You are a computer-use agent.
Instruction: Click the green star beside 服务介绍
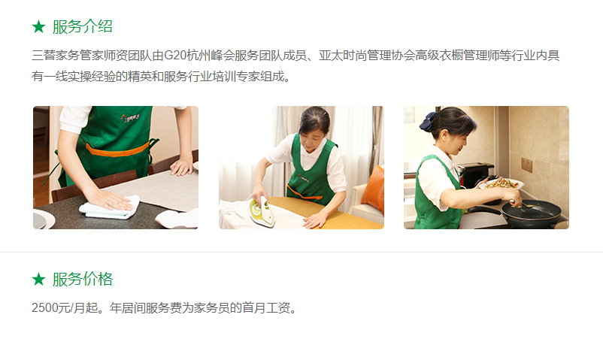[x=38, y=27]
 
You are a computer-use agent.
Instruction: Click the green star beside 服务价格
[x=38, y=280]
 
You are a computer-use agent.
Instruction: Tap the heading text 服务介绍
[x=82, y=27]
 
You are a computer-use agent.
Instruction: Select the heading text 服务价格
[x=82, y=280]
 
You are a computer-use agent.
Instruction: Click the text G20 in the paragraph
[x=175, y=56]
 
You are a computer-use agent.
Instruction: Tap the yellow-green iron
[x=262, y=210]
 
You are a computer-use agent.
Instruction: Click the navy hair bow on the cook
[x=427, y=121]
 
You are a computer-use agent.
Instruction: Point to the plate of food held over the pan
[x=501, y=183]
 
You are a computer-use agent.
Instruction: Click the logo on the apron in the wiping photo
[x=130, y=118]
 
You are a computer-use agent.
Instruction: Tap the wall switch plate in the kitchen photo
[x=526, y=165]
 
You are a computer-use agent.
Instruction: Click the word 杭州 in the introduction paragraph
[x=198, y=56]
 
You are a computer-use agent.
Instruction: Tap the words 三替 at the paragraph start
[x=44, y=56]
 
